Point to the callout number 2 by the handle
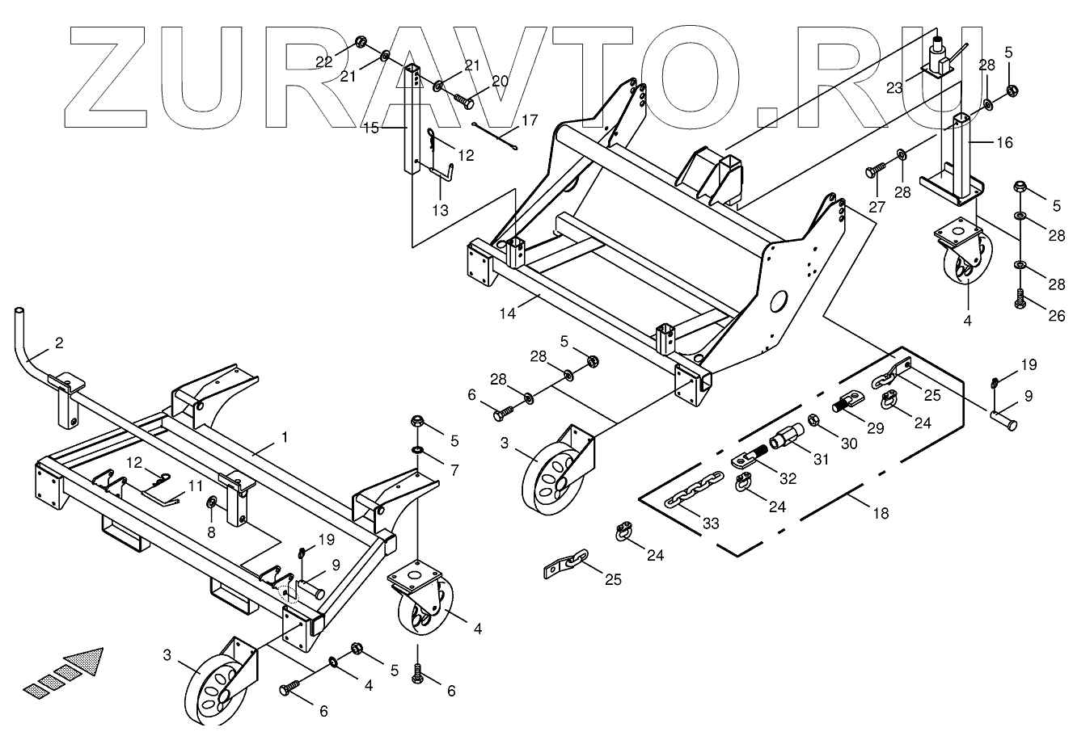58,343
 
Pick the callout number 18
881,512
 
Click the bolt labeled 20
465,102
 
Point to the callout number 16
1003,143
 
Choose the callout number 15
370,127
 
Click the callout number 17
529,120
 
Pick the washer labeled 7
417,448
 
